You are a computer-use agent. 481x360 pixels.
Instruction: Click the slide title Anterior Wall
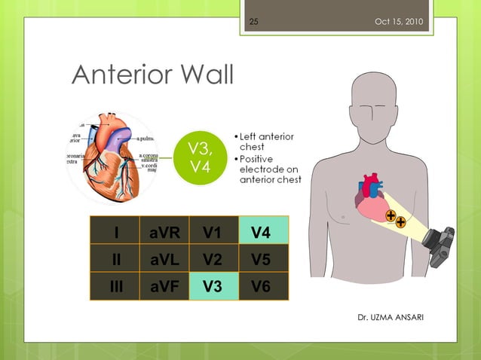tap(152, 75)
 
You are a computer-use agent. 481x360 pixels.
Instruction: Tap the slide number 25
tap(253, 21)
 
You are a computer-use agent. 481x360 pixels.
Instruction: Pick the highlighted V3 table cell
tap(212, 287)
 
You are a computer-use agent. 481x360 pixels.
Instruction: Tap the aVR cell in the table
tap(164, 233)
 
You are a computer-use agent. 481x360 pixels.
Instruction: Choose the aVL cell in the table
tap(164, 260)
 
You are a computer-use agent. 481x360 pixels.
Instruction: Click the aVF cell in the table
tap(164, 287)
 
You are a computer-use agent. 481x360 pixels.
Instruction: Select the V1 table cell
tap(212, 233)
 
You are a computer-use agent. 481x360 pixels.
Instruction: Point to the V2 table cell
tap(212, 260)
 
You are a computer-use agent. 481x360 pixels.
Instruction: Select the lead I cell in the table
tap(115, 233)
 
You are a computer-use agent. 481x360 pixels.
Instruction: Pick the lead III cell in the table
tap(115, 287)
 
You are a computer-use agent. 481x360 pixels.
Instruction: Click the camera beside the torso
tap(438, 246)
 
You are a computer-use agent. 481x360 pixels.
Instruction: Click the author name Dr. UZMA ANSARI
tap(390, 317)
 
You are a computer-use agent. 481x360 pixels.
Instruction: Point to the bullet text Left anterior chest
tap(267, 142)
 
